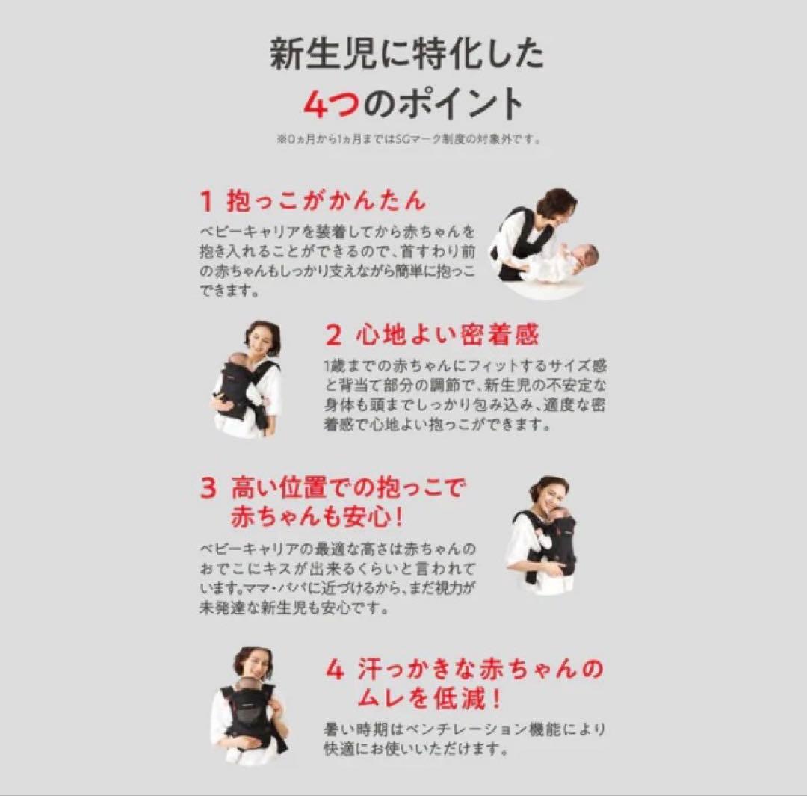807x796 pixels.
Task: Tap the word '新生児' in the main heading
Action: click(x=324, y=54)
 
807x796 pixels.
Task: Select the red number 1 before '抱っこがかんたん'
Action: click(x=206, y=201)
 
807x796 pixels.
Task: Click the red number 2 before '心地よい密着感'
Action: click(x=333, y=336)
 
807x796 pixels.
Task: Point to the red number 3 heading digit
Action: click(x=208, y=488)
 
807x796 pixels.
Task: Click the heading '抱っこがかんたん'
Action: click(x=327, y=201)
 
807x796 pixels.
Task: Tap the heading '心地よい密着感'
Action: click(x=448, y=335)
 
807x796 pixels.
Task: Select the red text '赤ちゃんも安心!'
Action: click(x=316, y=516)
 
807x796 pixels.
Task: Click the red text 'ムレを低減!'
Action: click(x=429, y=699)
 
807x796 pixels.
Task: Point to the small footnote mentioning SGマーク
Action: click(x=409, y=139)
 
